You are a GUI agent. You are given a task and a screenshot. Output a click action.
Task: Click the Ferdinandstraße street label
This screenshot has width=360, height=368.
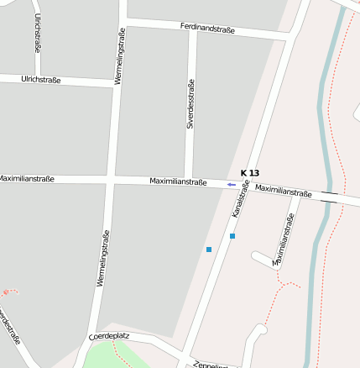click(207, 29)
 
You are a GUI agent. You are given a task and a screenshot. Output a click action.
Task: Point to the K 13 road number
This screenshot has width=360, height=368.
click(250, 172)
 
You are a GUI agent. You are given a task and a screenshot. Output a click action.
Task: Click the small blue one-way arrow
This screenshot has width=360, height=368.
click(231, 185)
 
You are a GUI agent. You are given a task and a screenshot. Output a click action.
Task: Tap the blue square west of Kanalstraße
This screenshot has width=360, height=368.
click(209, 250)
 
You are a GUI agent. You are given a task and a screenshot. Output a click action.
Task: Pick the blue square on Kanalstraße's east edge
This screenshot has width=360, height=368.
click(232, 236)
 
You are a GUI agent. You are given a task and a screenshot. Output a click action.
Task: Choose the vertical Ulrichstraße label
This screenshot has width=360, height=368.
click(38, 33)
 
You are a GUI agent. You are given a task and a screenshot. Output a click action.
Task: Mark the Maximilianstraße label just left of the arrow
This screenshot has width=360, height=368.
click(178, 181)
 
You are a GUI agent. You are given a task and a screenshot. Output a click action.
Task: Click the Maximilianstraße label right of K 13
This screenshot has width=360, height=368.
click(283, 191)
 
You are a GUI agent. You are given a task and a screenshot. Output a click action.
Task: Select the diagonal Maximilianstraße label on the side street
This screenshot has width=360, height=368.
click(280, 239)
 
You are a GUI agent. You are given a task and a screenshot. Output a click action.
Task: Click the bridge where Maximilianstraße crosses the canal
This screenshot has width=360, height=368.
click(329, 197)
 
